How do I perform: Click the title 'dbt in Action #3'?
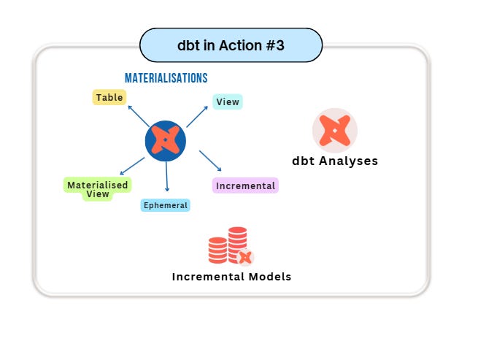click(x=230, y=45)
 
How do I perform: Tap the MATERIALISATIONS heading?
click(x=166, y=77)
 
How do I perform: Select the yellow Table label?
click(x=109, y=97)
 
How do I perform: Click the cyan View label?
click(x=227, y=102)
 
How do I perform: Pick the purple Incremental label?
click(x=245, y=185)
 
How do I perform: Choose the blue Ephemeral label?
click(x=165, y=205)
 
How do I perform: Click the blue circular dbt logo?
click(x=166, y=140)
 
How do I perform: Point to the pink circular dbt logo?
click(x=334, y=131)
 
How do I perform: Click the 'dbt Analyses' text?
click(x=335, y=161)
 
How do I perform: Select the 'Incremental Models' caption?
click(x=231, y=277)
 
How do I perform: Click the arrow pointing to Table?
click(x=139, y=115)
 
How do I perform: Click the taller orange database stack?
click(x=237, y=242)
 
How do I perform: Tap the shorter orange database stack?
click(x=217, y=250)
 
